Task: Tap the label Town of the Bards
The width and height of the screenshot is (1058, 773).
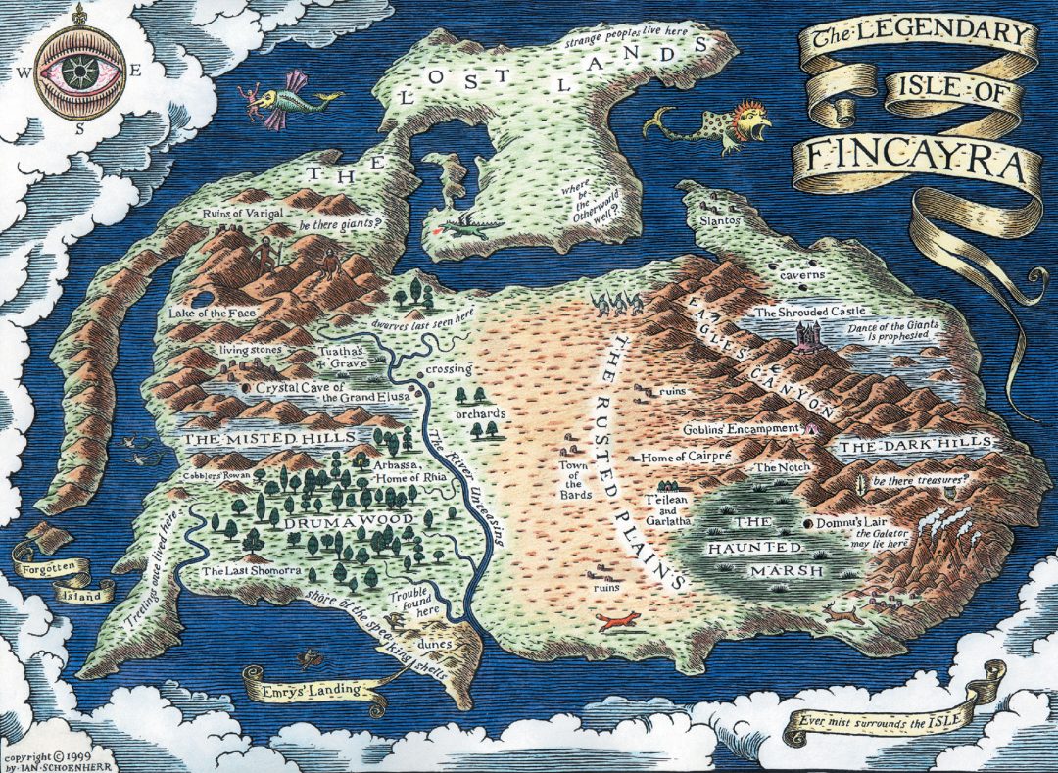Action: (574, 477)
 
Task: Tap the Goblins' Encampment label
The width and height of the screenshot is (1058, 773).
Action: (743, 428)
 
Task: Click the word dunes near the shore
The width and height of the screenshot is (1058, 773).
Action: (433, 644)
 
